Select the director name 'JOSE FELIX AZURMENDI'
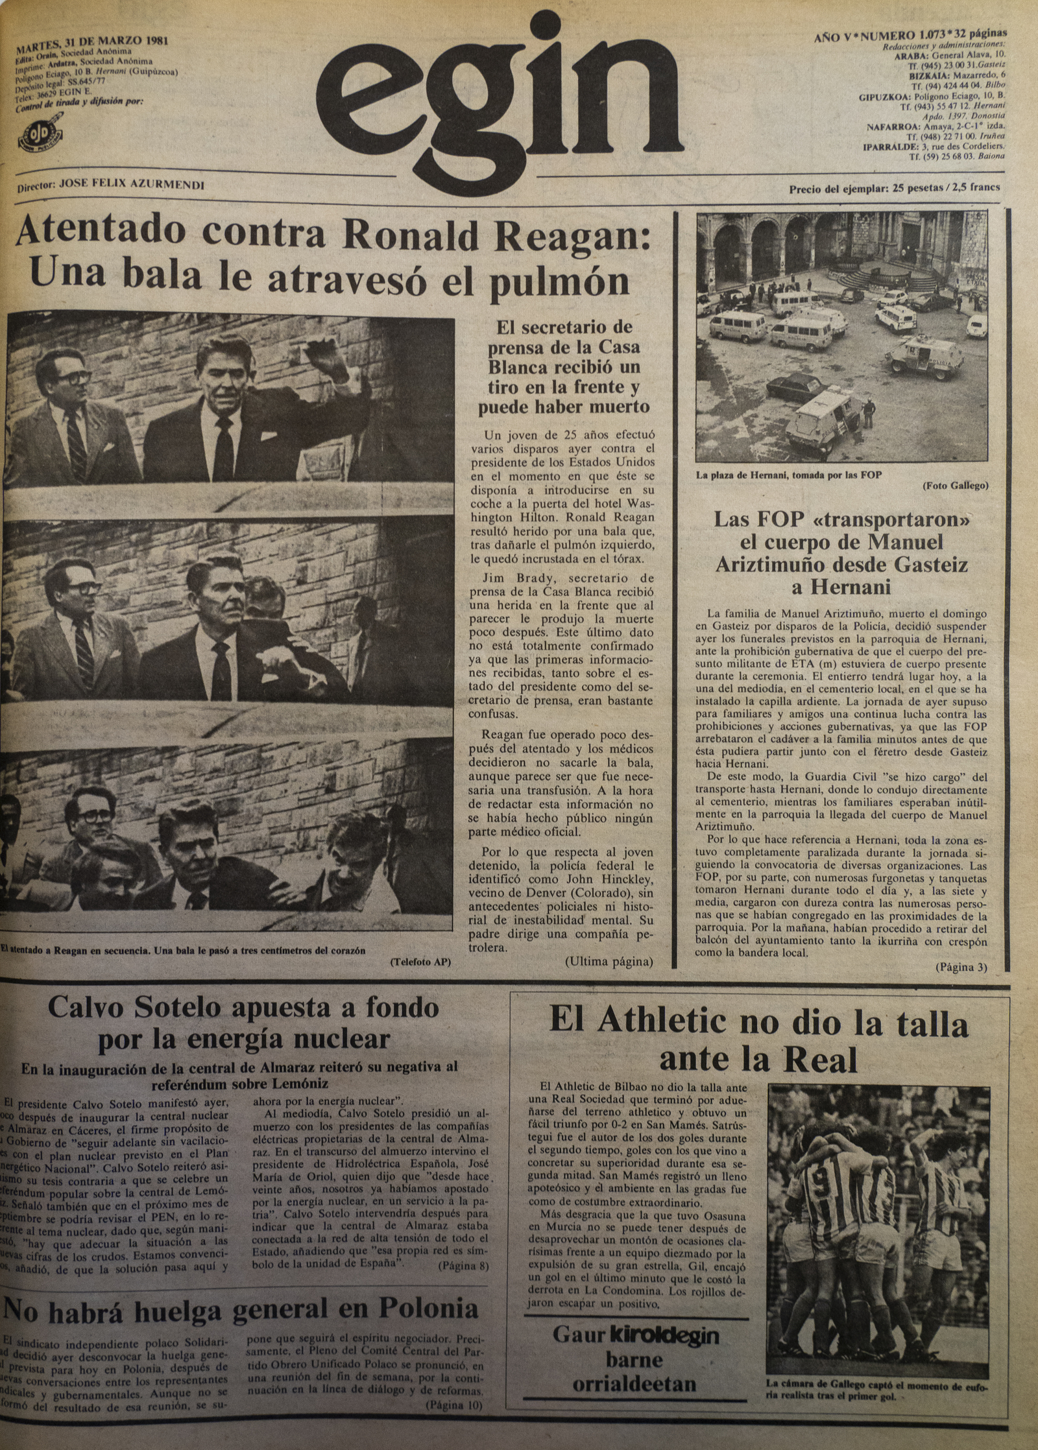132,185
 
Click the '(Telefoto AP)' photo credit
420,962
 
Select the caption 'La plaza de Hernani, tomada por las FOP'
788,475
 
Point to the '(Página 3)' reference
961,967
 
